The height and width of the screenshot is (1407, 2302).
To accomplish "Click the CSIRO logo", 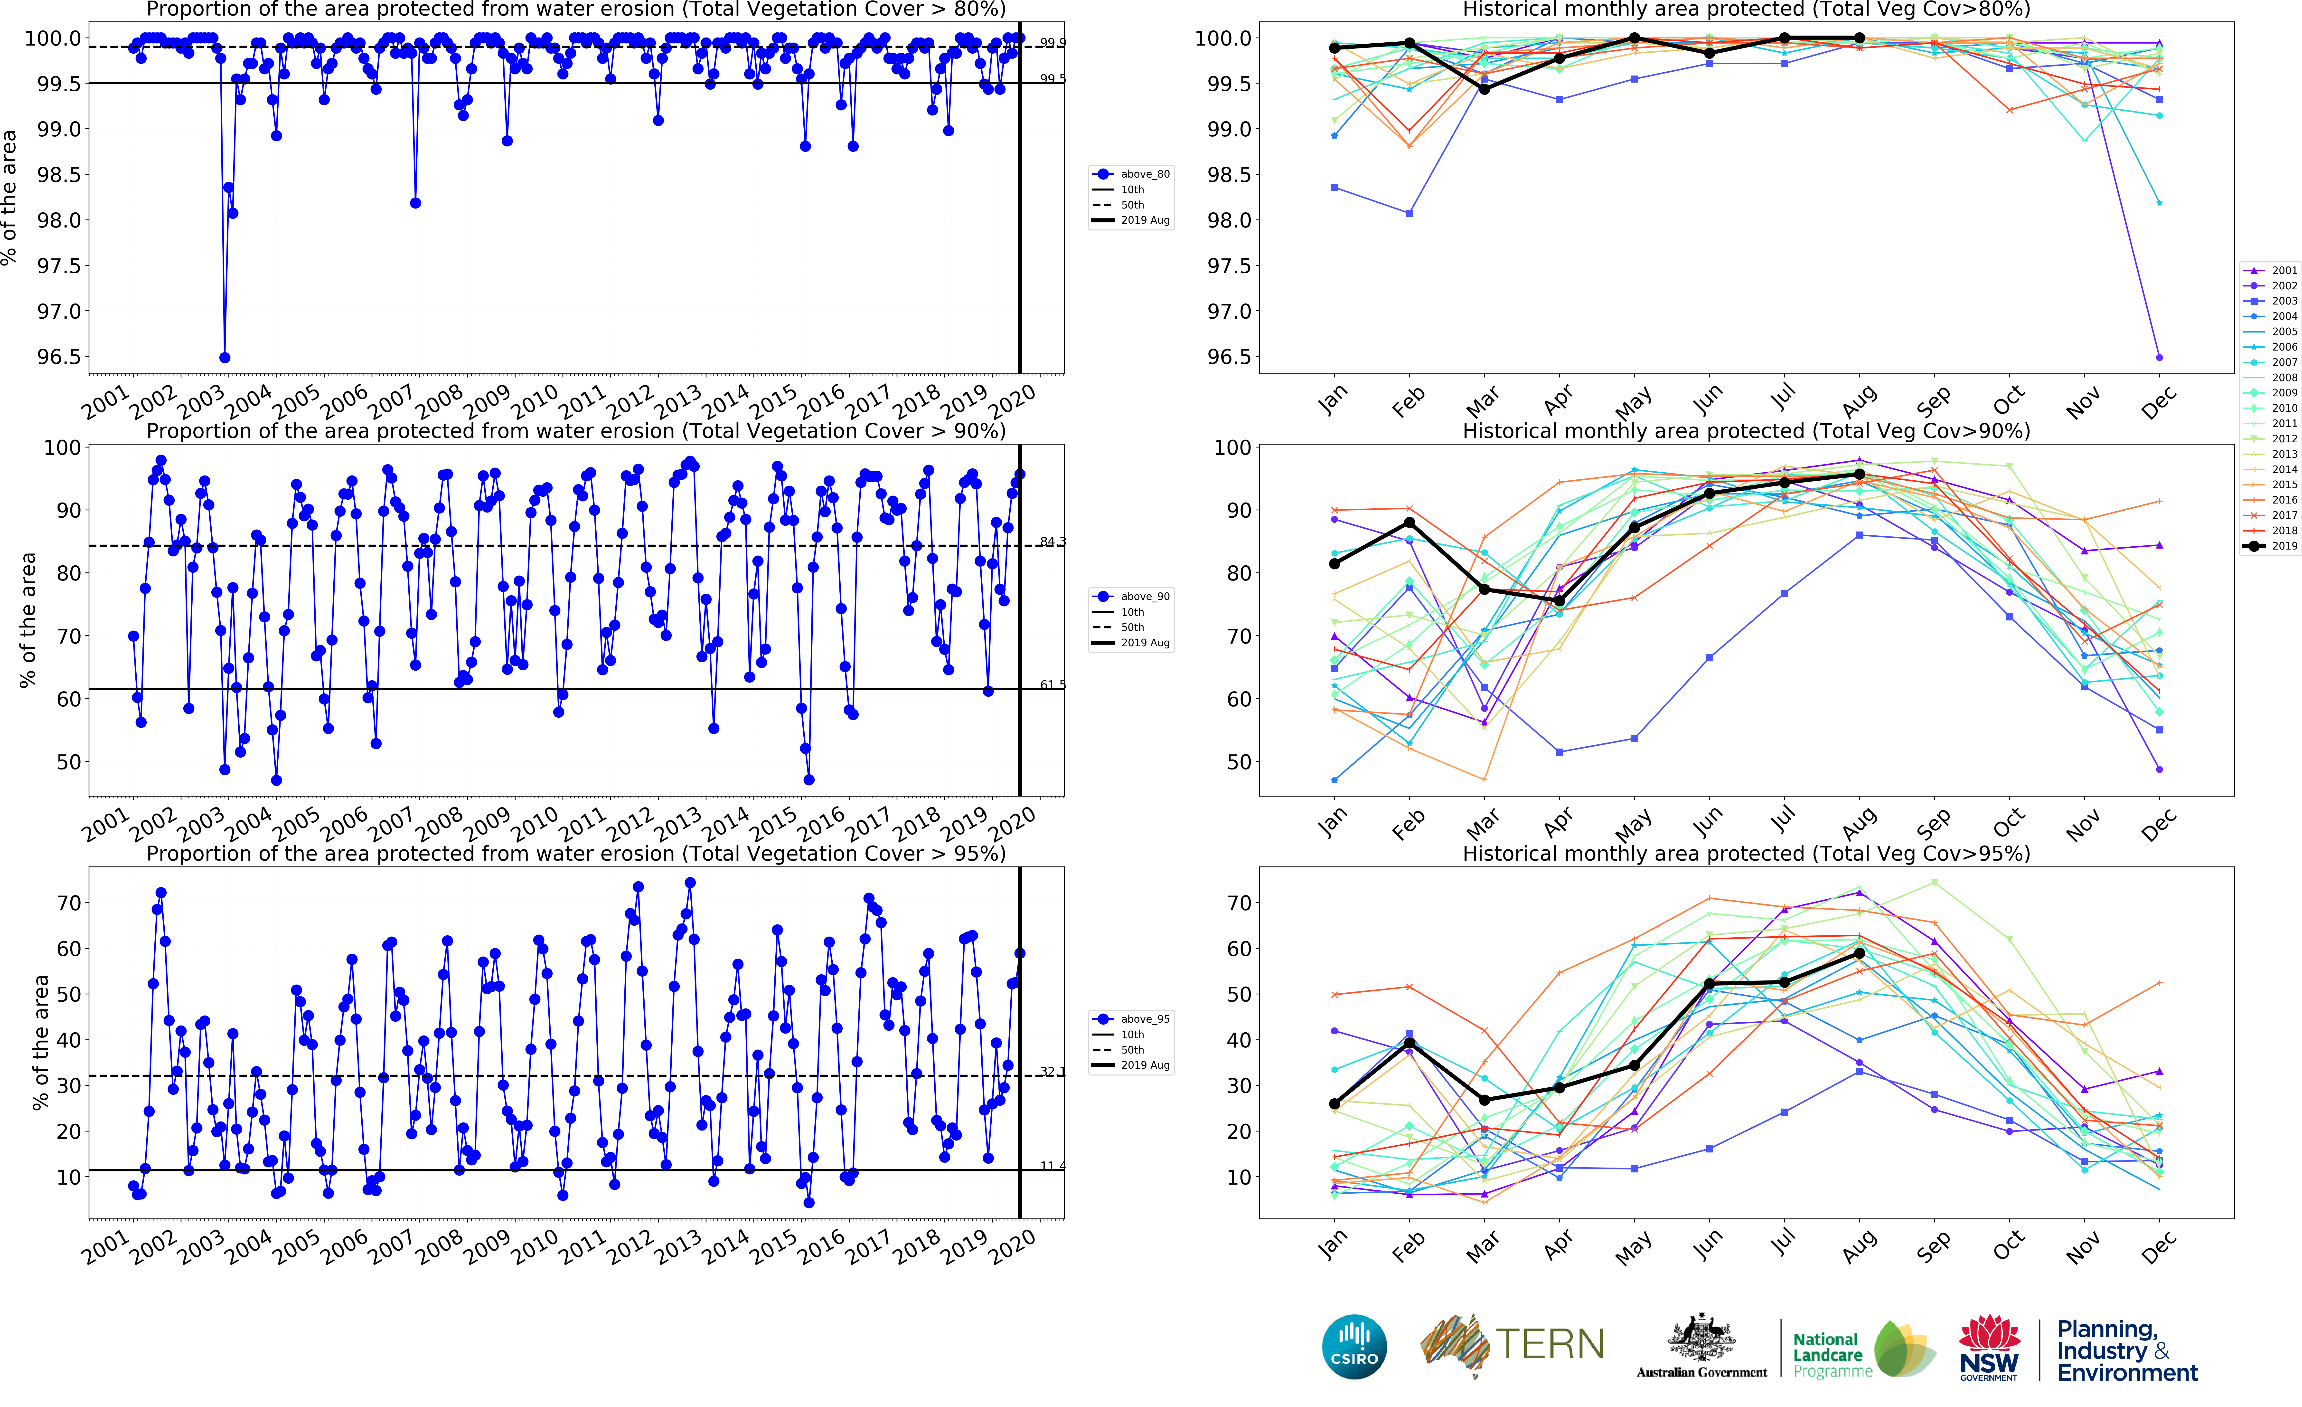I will [1354, 1347].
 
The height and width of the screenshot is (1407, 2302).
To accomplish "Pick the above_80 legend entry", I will [1132, 174].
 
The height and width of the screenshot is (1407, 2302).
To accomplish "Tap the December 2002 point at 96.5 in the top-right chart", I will [2159, 357].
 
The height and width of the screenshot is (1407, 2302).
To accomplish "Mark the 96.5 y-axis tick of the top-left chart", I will [58, 357].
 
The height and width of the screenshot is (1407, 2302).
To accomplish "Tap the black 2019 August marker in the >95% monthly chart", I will [1859, 953].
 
